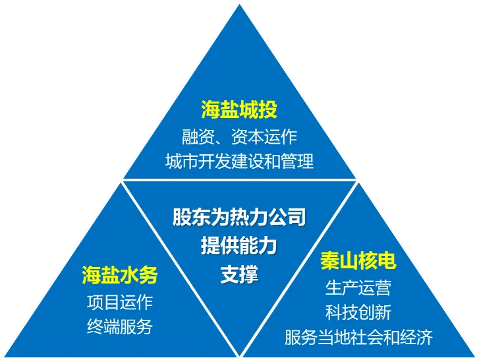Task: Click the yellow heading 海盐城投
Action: (239, 110)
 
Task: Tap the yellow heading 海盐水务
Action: (120, 275)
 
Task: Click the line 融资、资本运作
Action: (239, 136)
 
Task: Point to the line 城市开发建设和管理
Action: (239, 161)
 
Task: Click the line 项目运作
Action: (120, 302)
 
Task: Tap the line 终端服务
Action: (120, 326)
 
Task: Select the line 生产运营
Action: (358, 288)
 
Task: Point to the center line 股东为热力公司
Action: (239, 217)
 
